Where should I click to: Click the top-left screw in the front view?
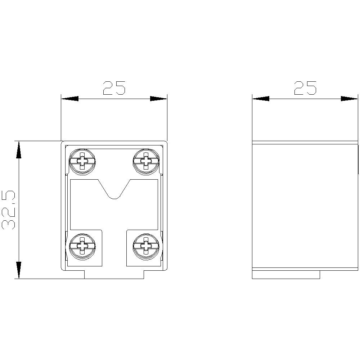tap(82, 162)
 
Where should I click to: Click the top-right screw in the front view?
tap(146, 162)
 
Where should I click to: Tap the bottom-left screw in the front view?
tap(82, 247)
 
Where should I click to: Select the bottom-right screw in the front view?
tap(146, 247)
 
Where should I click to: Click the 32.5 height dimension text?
tap(9, 210)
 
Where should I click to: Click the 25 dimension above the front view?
tap(114, 88)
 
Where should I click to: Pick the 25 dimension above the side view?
tap(305, 88)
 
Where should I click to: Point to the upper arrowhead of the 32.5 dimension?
tap(19, 150)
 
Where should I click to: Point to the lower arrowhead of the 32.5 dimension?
tap(19, 270)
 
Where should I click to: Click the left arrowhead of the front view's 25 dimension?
tap(70, 99)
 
